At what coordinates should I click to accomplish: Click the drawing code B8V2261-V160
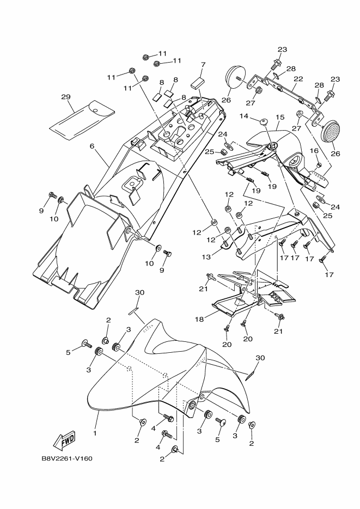[x=67, y=458]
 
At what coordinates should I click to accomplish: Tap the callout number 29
[x=66, y=97]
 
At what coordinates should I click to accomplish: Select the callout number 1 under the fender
[x=95, y=433]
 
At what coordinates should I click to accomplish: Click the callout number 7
[x=203, y=64]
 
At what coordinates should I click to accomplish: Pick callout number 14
[x=243, y=116]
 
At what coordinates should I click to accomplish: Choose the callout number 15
[x=280, y=117]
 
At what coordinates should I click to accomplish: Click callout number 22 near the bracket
[x=298, y=78]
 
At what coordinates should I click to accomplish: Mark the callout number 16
[x=314, y=150]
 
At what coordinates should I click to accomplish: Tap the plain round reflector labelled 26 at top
[x=235, y=76]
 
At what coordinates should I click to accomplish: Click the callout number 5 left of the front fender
[x=69, y=352]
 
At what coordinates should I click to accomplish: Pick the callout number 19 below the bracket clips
[x=272, y=186]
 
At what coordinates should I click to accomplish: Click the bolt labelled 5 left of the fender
[x=86, y=344]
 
